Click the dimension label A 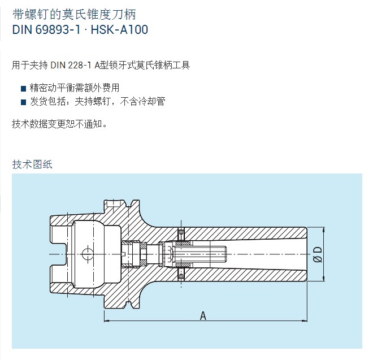203,316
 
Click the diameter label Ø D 318,254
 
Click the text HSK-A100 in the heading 119,30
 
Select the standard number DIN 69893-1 46,30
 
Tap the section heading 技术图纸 32,164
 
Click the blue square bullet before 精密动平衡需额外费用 23,89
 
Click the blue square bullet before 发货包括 23,102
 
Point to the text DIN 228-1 71,65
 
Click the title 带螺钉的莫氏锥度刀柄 74,14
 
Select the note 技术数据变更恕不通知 59,124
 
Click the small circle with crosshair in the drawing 88,254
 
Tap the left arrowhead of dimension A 107,321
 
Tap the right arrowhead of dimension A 305,321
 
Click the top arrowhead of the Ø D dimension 323,230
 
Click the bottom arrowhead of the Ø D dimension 323,279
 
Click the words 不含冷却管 143,102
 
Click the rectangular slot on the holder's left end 59,254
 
